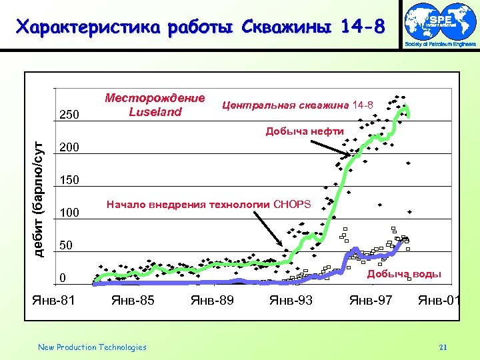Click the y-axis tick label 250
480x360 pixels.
click(70, 114)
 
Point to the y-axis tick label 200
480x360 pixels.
click(70, 147)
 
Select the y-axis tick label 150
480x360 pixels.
click(70, 180)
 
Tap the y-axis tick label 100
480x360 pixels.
click(70, 213)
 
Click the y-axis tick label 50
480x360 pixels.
click(66, 246)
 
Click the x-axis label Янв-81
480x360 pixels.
click(54, 301)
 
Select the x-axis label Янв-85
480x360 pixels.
click(133, 301)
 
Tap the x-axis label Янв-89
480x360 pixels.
click(212, 301)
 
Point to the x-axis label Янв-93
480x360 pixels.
click(291, 301)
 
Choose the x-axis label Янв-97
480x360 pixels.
click(371, 301)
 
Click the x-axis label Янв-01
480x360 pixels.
click(439, 301)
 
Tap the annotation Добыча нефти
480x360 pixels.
click(305, 131)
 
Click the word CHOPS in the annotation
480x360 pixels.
click(292, 204)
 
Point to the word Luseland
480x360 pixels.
click(155, 112)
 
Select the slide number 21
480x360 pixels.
click(443, 347)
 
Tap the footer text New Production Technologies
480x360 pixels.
click(92, 347)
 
